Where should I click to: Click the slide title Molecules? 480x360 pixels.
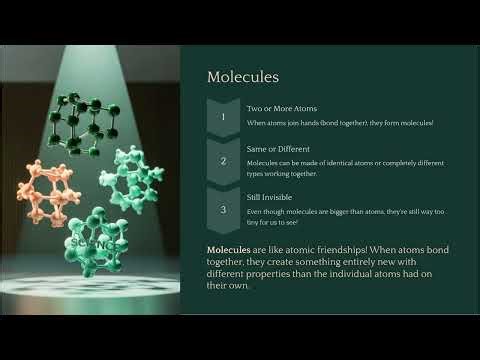click(242, 77)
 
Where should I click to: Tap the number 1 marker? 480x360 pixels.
click(223, 116)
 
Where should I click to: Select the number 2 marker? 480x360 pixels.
click(223, 160)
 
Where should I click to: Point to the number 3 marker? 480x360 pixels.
click(223, 209)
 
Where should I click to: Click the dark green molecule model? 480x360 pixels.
click(85, 122)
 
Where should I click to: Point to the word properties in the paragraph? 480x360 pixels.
click(319, 273)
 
